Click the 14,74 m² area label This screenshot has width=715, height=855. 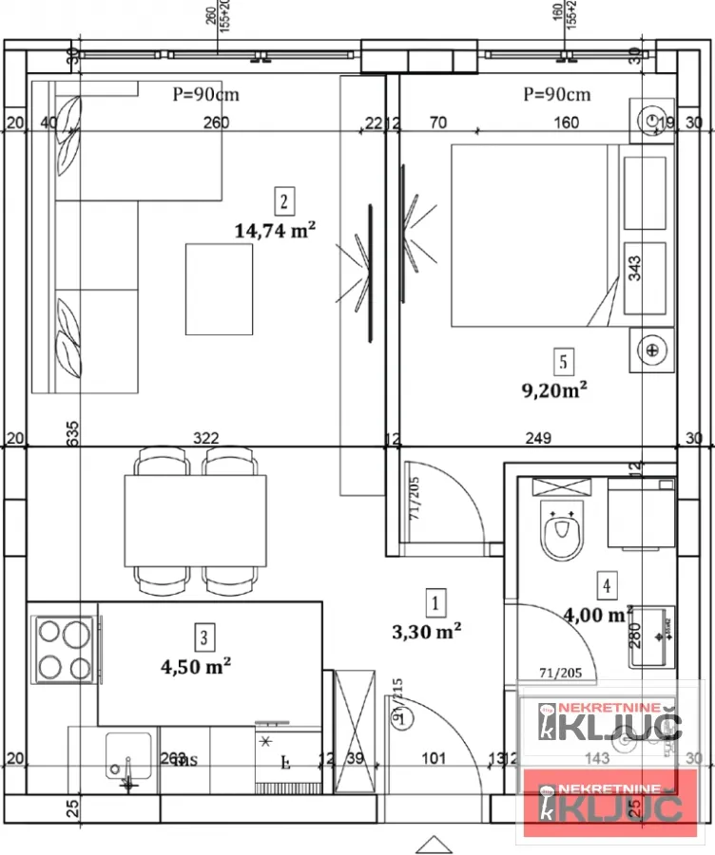pos(275,229)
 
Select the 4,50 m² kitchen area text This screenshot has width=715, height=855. pos(197,666)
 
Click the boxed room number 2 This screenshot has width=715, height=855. pos(283,200)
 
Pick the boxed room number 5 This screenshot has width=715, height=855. pos(564,361)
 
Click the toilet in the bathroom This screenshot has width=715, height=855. pos(562,531)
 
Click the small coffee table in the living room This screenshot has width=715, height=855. pos(219,289)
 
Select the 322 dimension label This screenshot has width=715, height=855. pos(205,438)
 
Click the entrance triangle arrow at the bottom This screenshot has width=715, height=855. pos(431,843)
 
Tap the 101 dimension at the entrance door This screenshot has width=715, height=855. pos(433,757)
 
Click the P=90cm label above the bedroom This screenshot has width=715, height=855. pos(556,94)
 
